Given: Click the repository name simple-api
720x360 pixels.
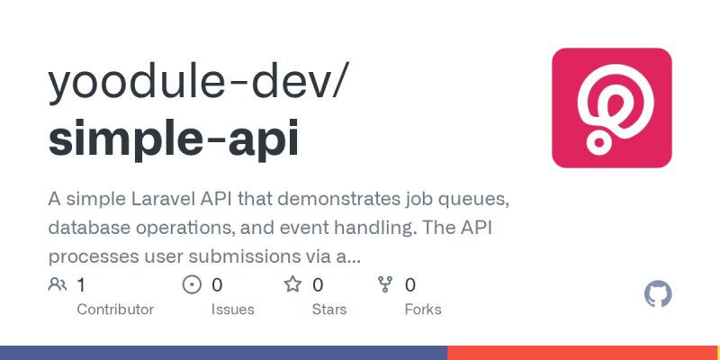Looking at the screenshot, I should tap(173, 139).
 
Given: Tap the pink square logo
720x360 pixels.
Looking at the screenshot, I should tap(611, 107).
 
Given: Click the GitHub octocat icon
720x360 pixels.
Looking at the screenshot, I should tap(659, 294).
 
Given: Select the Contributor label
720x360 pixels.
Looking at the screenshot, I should tap(115, 310).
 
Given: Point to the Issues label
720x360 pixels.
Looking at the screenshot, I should tap(232, 310).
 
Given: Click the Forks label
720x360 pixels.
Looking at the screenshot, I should tap(422, 310).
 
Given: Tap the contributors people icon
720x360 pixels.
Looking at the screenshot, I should tap(58, 285).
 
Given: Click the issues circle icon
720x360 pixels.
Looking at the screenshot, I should tap(192, 285).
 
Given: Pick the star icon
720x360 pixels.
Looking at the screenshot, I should tap(292, 285).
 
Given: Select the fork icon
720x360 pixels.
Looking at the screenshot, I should tap(385, 285).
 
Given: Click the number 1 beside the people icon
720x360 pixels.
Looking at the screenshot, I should tap(81, 285).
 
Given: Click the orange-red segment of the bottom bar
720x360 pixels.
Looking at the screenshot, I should tap(583, 353).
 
